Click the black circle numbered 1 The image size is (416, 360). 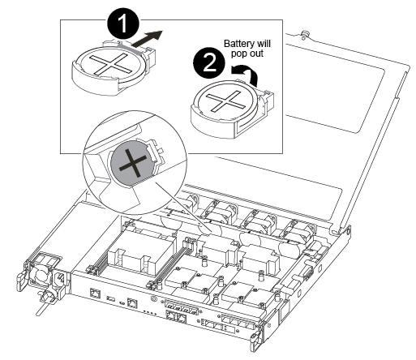(x=123, y=24)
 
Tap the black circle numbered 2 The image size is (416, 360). (x=209, y=63)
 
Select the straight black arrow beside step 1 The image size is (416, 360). (x=148, y=38)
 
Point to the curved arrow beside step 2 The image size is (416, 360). (x=245, y=75)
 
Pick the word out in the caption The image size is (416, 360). (x=255, y=54)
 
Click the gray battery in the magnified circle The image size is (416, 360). (x=132, y=163)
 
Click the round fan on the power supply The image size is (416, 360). (x=41, y=276)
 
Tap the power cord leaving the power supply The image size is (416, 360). (x=43, y=303)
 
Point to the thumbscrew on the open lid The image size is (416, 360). (x=304, y=34)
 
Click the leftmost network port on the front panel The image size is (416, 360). (x=94, y=293)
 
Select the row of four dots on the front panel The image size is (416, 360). (x=149, y=312)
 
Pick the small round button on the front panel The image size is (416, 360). (x=154, y=299)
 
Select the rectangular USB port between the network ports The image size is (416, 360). (x=110, y=298)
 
